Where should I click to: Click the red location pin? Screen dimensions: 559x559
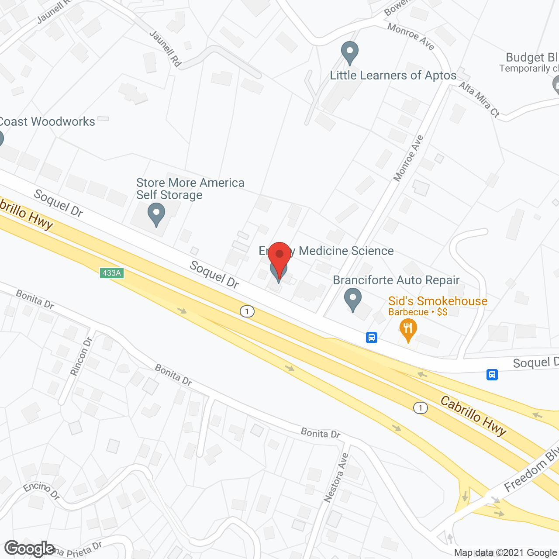279,258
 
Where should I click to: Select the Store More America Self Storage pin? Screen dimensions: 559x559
156,215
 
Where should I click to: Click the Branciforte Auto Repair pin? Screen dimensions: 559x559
352,300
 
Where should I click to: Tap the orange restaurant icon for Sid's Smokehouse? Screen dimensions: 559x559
408,330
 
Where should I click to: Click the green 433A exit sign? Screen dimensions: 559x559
112,273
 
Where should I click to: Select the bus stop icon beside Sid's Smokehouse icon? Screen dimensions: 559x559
372,337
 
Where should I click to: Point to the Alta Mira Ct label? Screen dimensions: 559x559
479,100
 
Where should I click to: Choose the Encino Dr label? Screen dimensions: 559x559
41,490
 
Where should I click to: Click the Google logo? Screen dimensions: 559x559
29,549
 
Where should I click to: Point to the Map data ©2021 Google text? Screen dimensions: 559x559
505,553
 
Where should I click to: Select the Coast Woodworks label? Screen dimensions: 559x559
47,122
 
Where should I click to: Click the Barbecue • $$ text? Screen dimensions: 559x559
418,312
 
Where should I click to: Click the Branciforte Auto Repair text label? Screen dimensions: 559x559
396,280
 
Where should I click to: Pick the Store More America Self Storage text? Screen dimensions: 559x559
190,189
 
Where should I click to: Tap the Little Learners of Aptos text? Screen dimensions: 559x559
393,75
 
